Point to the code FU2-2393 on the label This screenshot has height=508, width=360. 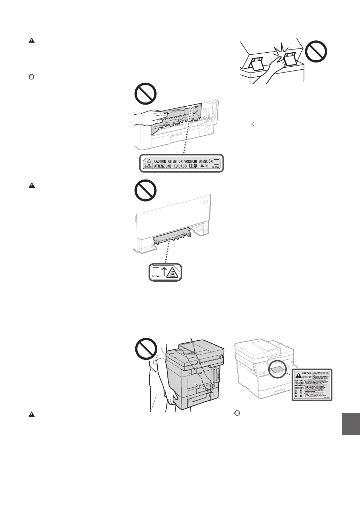coord(216,167)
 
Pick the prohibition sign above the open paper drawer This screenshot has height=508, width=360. coord(146,190)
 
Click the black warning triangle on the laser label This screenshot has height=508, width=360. coord(298,376)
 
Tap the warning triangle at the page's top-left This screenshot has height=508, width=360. coord(31,40)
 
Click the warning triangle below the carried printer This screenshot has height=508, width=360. coord(31,415)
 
